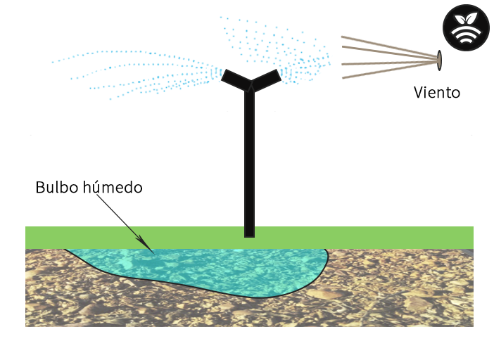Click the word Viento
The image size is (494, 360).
coord(437,92)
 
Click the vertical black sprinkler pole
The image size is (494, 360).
coord(249,162)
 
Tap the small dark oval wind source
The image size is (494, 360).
coord(439,60)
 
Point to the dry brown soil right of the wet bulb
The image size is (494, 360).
coord(401,288)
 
